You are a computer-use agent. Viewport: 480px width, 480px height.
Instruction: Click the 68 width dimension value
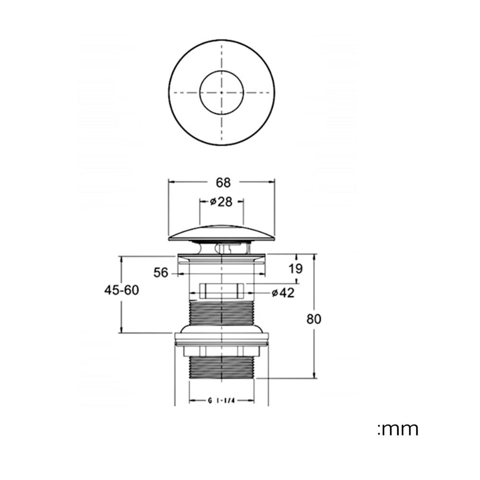coord(223,183)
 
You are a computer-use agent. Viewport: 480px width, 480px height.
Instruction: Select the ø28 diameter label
coord(221,202)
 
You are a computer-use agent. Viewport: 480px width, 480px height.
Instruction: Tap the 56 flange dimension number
coord(161,273)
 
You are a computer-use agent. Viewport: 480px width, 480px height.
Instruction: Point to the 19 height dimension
coord(295,268)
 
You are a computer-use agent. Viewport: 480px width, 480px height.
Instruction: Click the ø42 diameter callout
coord(283,293)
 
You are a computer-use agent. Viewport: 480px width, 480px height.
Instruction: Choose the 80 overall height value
coord(314,319)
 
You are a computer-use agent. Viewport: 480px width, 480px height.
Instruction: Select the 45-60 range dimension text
coord(121,290)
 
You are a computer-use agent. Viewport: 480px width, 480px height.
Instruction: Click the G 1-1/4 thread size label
coord(221,401)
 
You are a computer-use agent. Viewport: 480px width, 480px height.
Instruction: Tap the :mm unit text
coord(398,429)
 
